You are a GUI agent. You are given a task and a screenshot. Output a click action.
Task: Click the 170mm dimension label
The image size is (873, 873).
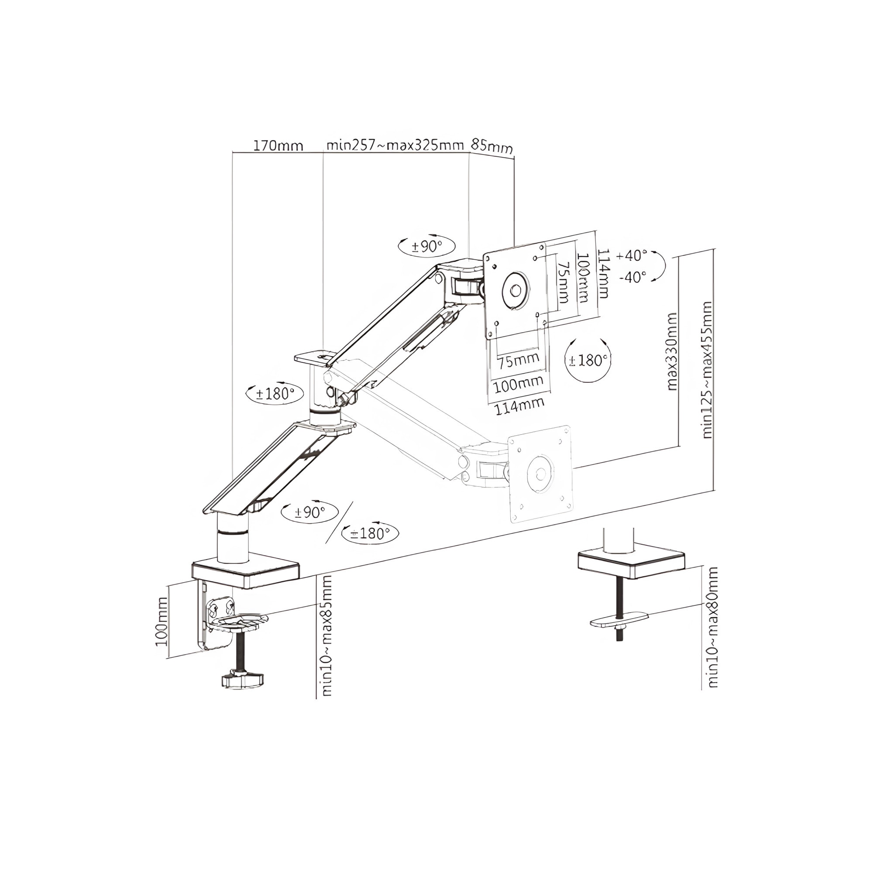(x=278, y=146)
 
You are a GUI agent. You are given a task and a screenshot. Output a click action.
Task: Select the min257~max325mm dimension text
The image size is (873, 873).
(x=395, y=145)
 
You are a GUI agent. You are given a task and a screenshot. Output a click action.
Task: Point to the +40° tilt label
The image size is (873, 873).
(x=631, y=255)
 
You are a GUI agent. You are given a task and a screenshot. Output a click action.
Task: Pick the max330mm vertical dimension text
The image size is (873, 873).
(x=672, y=351)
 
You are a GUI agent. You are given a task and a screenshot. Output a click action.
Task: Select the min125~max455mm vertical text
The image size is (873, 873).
(x=707, y=369)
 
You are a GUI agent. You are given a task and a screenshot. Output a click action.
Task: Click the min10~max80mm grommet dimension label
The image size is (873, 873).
(x=713, y=634)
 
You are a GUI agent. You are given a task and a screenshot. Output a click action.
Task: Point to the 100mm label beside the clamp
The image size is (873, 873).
(x=162, y=621)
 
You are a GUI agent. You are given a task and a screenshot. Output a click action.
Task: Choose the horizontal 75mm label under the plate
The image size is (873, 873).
(x=519, y=360)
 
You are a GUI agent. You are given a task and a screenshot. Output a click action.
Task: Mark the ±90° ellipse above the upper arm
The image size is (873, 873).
(x=426, y=246)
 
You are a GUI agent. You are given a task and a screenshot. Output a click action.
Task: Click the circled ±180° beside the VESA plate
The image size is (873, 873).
(x=588, y=361)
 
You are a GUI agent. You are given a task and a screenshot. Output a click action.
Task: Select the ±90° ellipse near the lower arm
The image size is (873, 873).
(x=309, y=512)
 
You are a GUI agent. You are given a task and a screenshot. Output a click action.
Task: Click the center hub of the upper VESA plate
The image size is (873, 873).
(x=515, y=290)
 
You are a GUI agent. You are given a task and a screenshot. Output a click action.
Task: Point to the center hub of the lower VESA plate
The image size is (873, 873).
(x=540, y=474)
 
